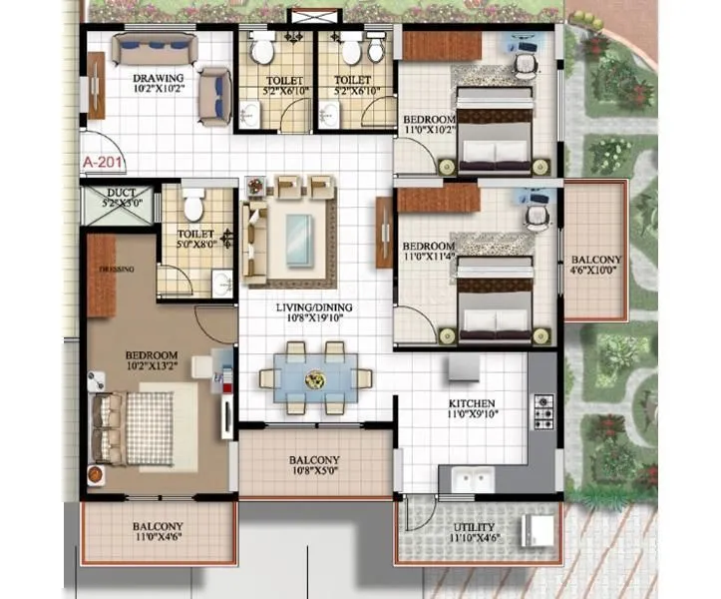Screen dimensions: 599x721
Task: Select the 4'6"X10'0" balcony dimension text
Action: click(597, 270)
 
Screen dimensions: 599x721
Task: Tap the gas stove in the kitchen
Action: click(543, 410)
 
